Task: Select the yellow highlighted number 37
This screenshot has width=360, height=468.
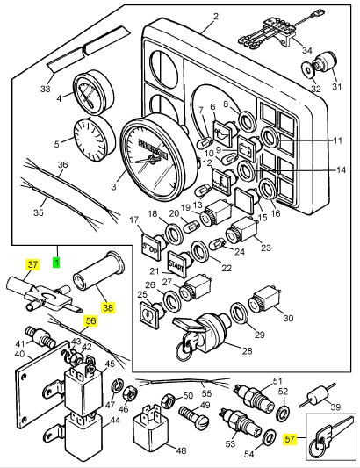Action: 32,265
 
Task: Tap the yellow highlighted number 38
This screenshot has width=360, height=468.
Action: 108,308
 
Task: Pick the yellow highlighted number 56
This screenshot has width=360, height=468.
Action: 90,321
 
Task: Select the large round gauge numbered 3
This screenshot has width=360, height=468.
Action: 155,153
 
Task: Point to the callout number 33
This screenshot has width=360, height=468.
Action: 47,89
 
